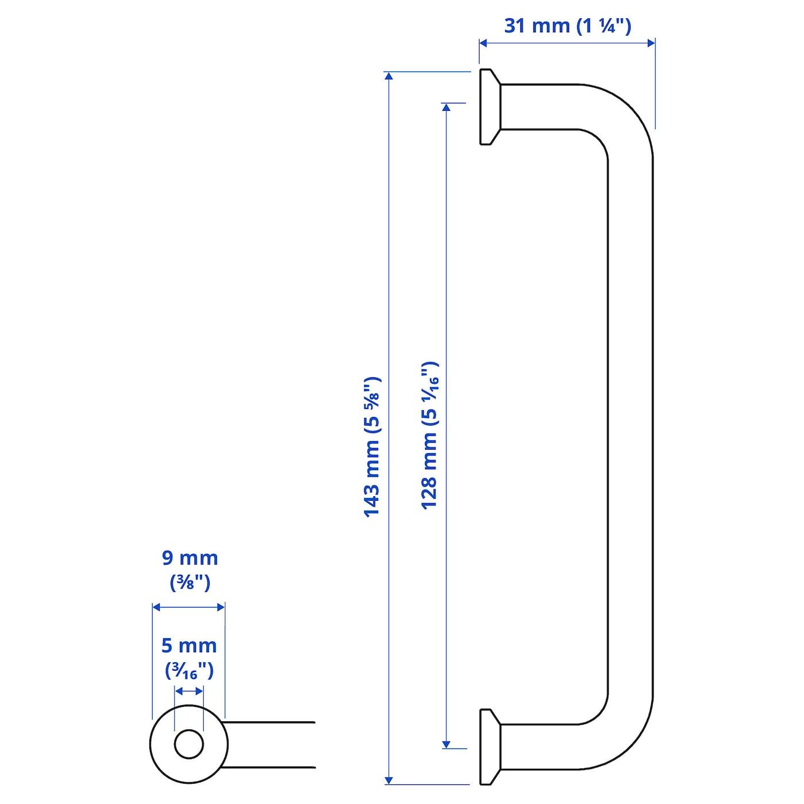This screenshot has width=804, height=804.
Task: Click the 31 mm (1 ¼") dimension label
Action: (567, 26)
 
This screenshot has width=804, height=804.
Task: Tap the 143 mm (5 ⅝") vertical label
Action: (373, 447)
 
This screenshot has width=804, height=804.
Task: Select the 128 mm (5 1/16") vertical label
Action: (430, 435)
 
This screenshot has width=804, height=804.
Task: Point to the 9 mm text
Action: (190, 558)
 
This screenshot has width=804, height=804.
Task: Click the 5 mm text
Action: (189, 646)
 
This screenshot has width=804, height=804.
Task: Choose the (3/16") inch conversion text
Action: (189, 671)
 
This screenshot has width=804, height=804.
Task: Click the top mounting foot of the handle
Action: (490, 107)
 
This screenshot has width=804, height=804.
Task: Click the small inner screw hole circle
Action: (189, 744)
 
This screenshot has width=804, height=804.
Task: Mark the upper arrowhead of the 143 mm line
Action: (389, 76)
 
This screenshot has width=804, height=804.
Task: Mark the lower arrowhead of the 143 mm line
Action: (389, 780)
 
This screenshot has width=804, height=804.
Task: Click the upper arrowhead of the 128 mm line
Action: (446, 107)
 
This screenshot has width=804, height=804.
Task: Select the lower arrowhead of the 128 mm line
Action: (446, 744)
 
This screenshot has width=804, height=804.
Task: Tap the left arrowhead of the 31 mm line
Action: (484, 43)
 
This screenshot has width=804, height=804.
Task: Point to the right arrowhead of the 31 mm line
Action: (651, 43)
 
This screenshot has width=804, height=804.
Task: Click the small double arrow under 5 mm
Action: (189, 692)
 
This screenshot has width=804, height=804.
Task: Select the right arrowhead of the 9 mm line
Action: (221, 608)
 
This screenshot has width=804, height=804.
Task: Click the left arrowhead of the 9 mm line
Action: (157, 608)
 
